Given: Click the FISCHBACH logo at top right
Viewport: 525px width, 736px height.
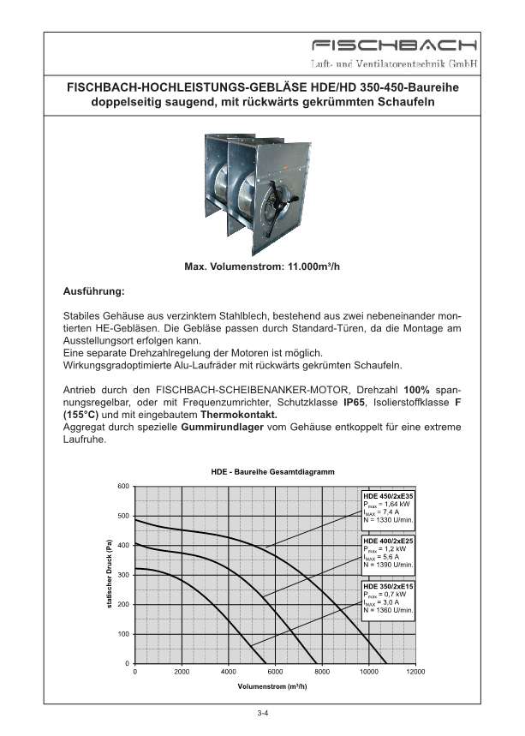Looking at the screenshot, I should pyautogui.click(x=394, y=45).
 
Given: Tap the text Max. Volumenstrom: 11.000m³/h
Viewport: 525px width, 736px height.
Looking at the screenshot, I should pyautogui.click(x=262, y=266).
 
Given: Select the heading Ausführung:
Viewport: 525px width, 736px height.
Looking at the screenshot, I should pyautogui.click(x=94, y=291).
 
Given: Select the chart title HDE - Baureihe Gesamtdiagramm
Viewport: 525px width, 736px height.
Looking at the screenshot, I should pyautogui.click(x=272, y=473).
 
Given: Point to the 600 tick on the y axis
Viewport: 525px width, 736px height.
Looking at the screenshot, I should pyautogui.click(x=123, y=487).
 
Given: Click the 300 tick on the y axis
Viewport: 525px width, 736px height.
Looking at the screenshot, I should pyautogui.click(x=123, y=575).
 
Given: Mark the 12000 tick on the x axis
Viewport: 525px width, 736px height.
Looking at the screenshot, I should pyautogui.click(x=415, y=673).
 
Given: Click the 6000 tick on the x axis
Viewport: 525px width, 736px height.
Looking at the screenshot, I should pyautogui.click(x=275, y=673).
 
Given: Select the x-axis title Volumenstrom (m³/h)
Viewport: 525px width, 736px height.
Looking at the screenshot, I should pyautogui.click(x=272, y=687).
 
